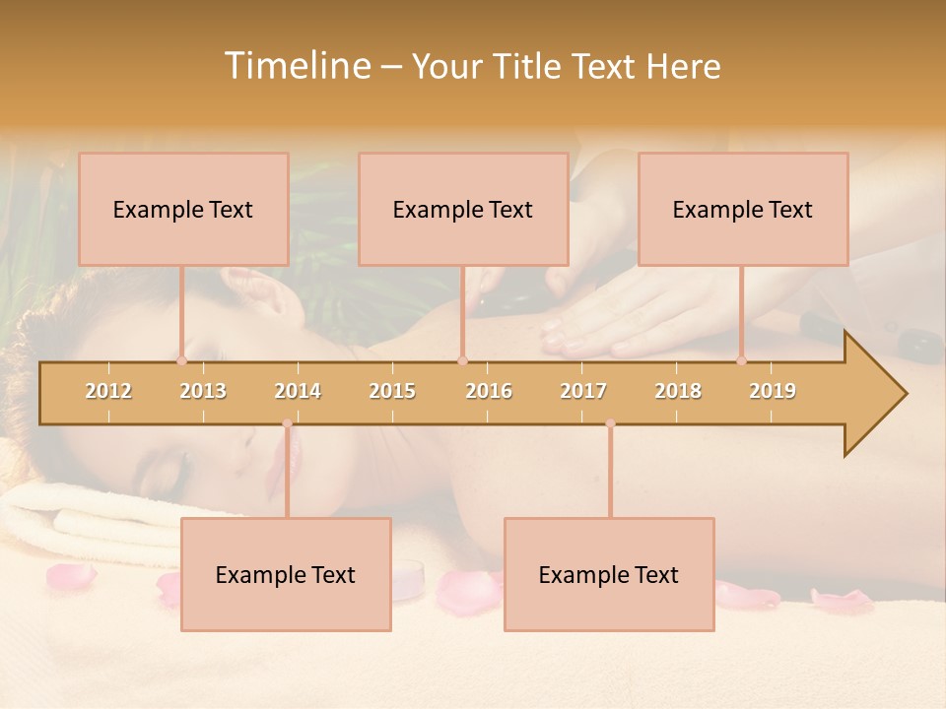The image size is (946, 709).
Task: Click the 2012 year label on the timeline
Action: [x=108, y=391]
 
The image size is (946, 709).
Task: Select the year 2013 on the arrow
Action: [x=203, y=391]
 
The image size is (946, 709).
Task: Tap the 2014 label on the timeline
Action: [x=298, y=391]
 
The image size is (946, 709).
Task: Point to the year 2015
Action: [x=392, y=391]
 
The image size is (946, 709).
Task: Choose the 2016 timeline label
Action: [x=489, y=391]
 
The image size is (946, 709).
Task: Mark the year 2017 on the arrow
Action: [x=583, y=391]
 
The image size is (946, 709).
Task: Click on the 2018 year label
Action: [x=678, y=391]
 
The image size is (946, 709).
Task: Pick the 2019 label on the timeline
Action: [x=773, y=391]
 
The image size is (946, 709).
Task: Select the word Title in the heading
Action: [x=532, y=66]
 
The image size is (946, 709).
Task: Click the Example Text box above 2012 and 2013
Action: [x=183, y=209]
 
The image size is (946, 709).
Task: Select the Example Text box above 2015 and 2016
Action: [x=463, y=209]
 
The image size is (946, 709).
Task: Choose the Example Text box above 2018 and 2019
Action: [x=743, y=209]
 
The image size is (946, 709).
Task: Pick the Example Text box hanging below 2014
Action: [x=286, y=574]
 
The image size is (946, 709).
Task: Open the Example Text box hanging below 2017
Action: [x=609, y=574]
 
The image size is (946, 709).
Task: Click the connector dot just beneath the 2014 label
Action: [x=287, y=423]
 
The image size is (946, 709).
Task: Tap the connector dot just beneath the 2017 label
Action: [x=610, y=423]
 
